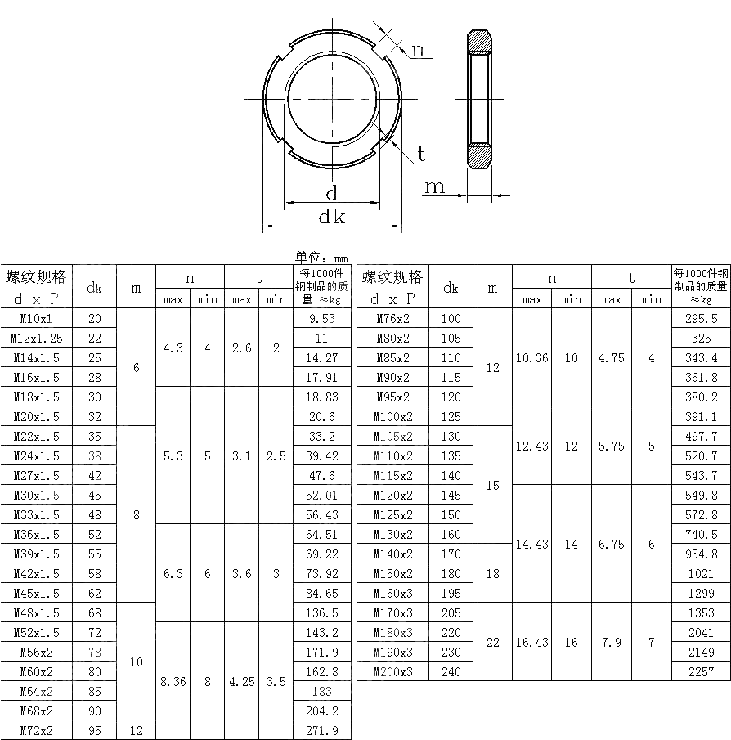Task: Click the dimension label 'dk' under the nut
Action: coord(332,216)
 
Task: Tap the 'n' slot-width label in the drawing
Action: coord(418,51)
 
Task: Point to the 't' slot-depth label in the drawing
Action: coord(421,154)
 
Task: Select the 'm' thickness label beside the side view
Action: coord(435,187)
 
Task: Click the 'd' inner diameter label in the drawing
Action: coord(332,194)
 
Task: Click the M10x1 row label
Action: coord(33,318)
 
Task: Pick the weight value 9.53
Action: coord(321,318)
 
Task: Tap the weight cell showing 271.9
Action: coord(321,730)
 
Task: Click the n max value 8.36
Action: coord(173,681)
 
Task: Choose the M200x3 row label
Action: coord(392,671)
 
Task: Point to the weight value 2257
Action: coord(701,671)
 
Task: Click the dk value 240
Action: coord(451,671)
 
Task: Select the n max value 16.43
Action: coord(531,642)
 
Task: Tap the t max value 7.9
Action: coord(611,642)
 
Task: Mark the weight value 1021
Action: coord(701,573)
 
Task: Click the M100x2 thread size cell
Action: coord(392,416)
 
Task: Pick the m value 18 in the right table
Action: coord(492,573)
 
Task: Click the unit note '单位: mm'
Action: coord(321,258)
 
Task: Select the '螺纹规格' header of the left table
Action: coord(36,276)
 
